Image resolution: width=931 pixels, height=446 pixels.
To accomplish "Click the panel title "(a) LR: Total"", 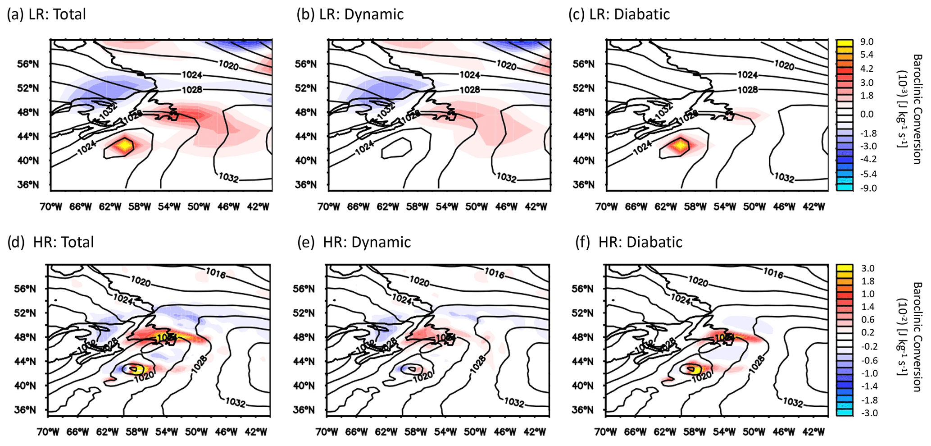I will pyautogui.click(x=46, y=14).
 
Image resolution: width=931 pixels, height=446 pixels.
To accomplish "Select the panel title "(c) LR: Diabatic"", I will pyautogui.click(x=619, y=14).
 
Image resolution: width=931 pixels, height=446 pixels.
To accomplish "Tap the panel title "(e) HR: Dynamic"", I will pyautogui.click(x=354, y=242).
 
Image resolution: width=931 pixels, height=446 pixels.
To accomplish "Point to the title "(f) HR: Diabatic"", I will pyautogui.click(x=629, y=242).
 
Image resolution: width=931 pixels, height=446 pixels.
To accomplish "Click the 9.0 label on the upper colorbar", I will pyautogui.click(x=867, y=42).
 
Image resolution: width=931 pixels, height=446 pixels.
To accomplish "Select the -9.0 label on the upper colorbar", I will pyautogui.click(x=867, y=188).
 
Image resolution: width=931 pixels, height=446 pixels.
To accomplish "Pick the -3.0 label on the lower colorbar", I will pyautogui.click(x=867, y=413).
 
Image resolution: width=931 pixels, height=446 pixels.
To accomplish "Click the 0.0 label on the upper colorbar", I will pyautogui.click(x=867, y=115).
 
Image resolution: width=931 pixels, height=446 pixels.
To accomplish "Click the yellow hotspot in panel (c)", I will pyautogui.click(x=679, y=146).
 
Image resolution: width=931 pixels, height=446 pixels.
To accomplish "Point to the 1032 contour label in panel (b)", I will pyautogui.click(x=506, y=178).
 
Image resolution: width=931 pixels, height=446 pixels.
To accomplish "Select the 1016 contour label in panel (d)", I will pyautogui.click(x=216, y=273).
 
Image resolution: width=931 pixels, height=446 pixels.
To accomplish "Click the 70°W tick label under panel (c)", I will pyautogui.click(x=606, y=207).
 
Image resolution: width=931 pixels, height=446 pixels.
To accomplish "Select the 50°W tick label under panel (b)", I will pyautogui.click(x=477, y=207).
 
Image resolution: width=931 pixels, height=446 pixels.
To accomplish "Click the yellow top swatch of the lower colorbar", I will pyautogui.click(x=844, y=268).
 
